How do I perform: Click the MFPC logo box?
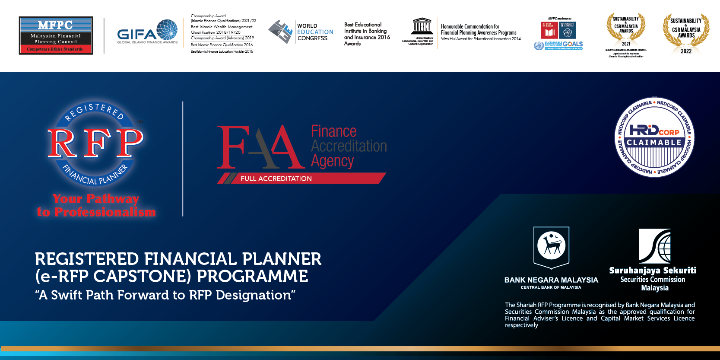56,35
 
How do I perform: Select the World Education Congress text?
315,32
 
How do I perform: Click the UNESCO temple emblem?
422,27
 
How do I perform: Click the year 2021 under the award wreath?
626,44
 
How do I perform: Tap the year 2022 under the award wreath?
686,51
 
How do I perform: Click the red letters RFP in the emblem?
95,143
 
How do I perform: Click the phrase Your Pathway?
96,199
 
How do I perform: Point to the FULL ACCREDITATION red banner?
302,178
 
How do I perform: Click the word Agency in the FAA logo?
332,161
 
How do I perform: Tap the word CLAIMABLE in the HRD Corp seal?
654,143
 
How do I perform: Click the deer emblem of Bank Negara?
552,245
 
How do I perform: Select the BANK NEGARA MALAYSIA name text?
551,280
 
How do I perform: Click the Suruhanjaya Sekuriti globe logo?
655,246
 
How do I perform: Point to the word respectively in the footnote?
521,325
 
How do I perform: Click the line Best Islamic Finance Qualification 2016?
222,45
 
